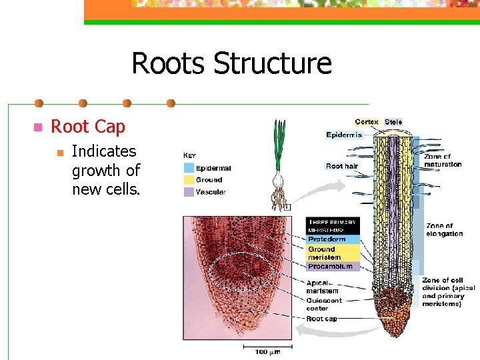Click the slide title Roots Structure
tap(231, 63)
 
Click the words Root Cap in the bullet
tap(88, 127)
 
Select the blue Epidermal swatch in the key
tap(189, 168)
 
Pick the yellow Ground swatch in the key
tap(189, 180)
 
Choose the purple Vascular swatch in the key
tap(189, 192)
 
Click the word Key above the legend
tap(190, 155)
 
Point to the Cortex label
tap(367, 122)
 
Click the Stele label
tap(393, 122)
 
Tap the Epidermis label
tap(343, 135)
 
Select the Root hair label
tap(342, 166)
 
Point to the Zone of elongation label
tap(443, 230)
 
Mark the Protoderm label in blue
tap(326, 239)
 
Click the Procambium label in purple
tap(330, 266)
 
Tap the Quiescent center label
tap(324, 305)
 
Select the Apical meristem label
tap(322, 287)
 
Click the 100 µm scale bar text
tap(269, 351)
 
